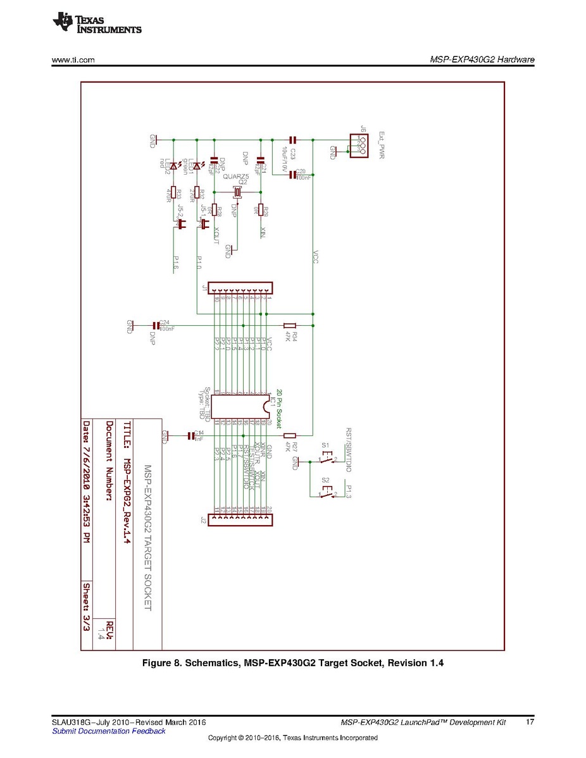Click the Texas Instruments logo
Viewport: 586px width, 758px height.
point(97,23)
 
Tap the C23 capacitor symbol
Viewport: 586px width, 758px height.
point(292,139)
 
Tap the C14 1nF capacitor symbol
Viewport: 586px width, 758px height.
point(191,435)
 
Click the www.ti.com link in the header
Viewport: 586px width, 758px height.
point(73,60)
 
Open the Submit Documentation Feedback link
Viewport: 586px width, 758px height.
point(108,731)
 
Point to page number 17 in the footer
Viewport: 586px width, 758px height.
point(530,722)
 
